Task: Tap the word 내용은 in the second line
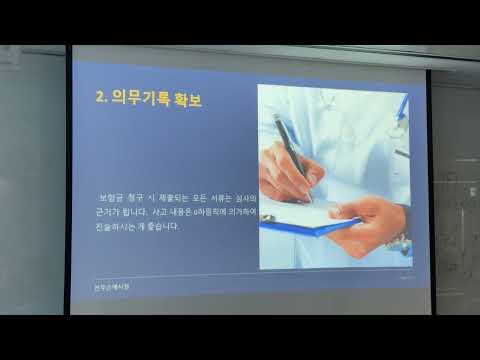[194, 212]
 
